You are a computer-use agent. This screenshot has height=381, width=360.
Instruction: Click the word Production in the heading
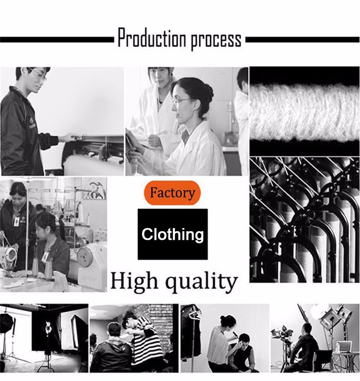point(152,38)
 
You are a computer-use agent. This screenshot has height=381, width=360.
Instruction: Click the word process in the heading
point(216,40)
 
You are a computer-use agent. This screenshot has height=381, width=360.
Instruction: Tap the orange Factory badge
point(172,193)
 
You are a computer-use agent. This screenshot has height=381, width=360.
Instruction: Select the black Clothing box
point(173,234)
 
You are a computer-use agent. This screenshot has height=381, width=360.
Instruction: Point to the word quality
point(201,282)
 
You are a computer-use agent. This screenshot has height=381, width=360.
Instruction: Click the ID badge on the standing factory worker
point(17,221)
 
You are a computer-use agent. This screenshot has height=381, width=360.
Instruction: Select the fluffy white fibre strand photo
point(305,112)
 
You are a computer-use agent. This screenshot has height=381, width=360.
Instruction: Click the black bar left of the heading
point(57,40)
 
